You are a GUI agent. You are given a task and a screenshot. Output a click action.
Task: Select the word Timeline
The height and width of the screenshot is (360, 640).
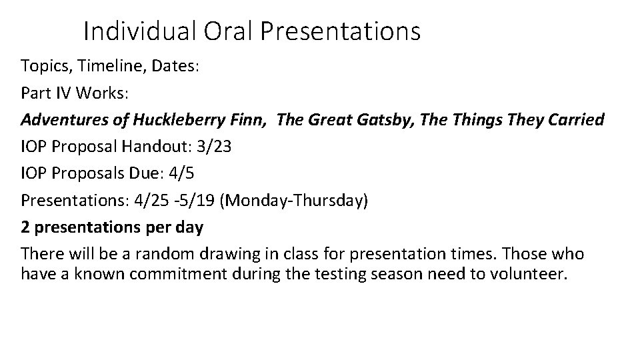coord(103,67)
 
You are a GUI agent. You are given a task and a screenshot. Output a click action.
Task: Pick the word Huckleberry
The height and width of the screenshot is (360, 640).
coord(174,120)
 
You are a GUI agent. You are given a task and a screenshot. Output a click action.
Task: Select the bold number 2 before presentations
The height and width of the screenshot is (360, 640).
coord(25,227)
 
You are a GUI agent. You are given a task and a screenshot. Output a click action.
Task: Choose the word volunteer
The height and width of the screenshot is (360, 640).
coord(531,275)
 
